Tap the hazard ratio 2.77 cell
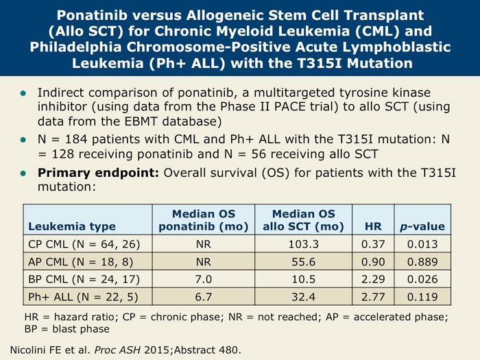(372, 298)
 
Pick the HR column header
(372, 226)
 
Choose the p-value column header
(422, 226)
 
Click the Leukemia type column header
(72, 226)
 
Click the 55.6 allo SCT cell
(302, 262)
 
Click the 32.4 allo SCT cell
(302, 298)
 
